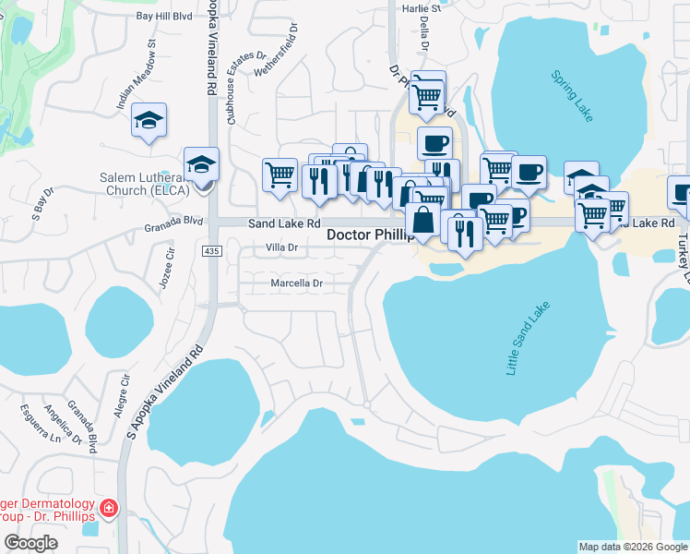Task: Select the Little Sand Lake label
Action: pyautogui.click(x=528, y=339)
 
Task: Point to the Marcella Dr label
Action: pyautogui.click(x=295, y=283)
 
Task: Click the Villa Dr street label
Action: pyautogui.click(x=281, y=247)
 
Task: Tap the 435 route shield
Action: pyautogui.click(x=210, y=251)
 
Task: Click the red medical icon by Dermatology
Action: pyautogui.click(x=110, y=508)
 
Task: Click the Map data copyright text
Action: pyautogui.click(x=632, y=547)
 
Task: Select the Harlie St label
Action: pyautogui.click(x=422, y=8)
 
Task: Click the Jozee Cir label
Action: pyautogui.click(x=165, y=271)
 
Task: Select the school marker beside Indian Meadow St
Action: pyautogui.click(x=149, y=120)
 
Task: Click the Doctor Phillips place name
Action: pyautogui.click(x=367, y=235)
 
